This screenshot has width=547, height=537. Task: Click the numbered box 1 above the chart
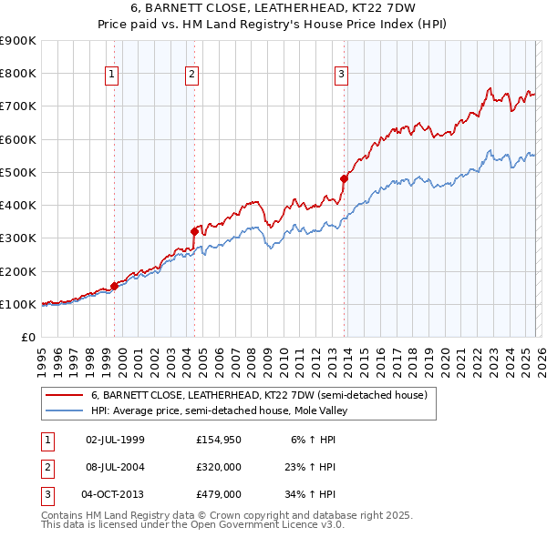pos(111,76)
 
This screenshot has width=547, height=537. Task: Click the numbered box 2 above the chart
pos(192,76)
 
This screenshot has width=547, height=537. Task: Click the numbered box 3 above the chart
pos(340,76)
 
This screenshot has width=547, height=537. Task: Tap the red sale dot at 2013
pos(344,178)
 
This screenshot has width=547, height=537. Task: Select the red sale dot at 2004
pos(195,231)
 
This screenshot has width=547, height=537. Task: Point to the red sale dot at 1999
pos(114,286)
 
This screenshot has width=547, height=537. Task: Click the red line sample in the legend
pos(64,396)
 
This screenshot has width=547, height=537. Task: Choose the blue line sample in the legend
pos(64,410)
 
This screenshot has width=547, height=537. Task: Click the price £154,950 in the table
pos(218,440)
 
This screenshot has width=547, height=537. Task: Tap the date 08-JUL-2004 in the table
pos(114,467)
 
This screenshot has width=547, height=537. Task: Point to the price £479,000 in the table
pos(218,494)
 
